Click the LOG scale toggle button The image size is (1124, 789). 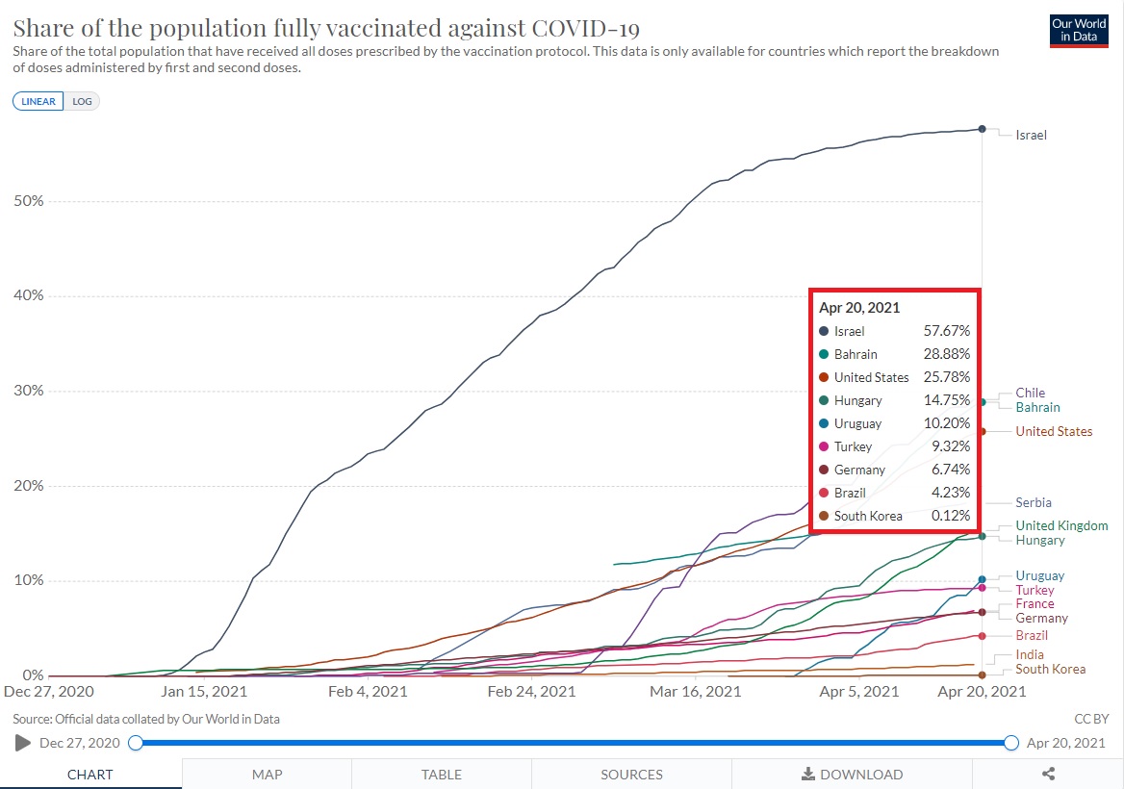tap(82, 101)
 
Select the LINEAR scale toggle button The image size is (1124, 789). tap(38, 101)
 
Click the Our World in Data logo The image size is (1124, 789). tap(1079, 30)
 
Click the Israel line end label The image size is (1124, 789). tap(1031, 136)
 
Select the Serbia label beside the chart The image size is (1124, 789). tap(1033, 502)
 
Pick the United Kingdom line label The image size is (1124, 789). tap(1061, 525)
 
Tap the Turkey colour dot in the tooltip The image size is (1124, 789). tap(824, 446)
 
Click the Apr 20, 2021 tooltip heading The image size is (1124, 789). tap(859, 308)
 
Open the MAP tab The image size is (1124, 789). tap(267, 774)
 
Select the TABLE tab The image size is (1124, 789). tap(441, 774)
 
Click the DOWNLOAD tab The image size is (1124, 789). tap(852, 774)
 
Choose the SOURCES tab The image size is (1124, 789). tap(631, 774)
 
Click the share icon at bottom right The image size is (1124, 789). tap(1048, 774)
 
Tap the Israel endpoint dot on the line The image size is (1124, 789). tap(982, 128)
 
